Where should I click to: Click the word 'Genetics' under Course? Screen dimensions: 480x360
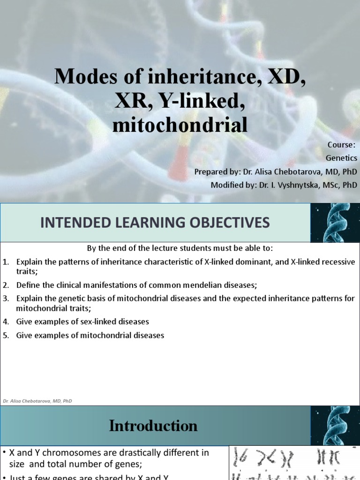pos(342,158)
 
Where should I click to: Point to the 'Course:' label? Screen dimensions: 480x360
pos(345,144)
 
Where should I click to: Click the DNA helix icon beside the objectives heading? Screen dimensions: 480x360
pos(335,222)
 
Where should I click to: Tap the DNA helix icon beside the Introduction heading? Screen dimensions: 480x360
pos(335,426)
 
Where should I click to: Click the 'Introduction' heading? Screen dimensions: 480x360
pos(153,426)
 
